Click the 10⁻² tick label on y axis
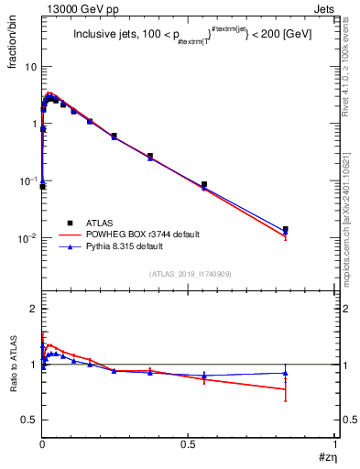tap(28, 238)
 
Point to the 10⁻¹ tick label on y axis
tap(28, 181)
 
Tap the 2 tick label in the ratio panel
tap(34, 310)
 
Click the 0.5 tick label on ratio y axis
tap(29, 420)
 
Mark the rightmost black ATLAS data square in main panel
tap(286, 229)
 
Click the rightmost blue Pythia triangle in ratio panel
tap(286, 372)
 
